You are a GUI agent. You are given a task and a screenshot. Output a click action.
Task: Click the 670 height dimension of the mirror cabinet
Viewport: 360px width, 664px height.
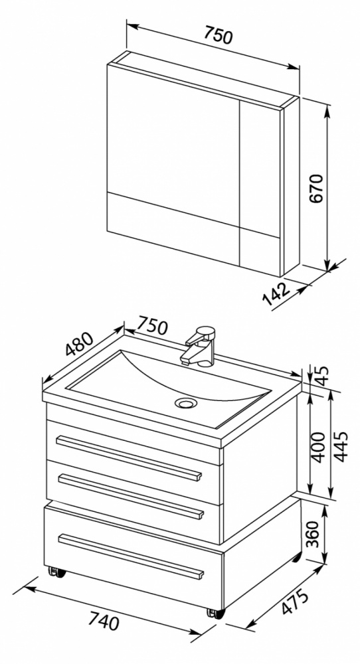[317, 188]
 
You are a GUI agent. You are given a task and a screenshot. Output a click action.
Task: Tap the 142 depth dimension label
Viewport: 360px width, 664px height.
[276, 293]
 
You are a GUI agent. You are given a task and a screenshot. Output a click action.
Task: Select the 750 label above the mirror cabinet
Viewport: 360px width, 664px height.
[219, 35]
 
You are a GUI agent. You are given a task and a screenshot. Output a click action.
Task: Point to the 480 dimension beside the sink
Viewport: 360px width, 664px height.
[79, 343]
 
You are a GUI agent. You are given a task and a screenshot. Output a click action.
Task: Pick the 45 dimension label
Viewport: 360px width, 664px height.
[323, 376]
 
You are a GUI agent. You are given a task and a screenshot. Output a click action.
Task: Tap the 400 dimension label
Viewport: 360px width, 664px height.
[319, 447]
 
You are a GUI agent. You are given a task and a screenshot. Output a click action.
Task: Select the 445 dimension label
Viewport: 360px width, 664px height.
[340, 446]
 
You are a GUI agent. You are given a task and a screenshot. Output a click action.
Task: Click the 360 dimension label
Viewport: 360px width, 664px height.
[314, 534]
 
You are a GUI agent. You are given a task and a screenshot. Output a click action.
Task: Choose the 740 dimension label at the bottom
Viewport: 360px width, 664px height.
[104, 621]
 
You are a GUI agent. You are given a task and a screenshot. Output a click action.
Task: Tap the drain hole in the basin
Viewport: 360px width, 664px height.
[186, 403]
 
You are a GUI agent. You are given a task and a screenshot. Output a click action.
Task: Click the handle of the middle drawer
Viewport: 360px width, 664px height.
[131, 496]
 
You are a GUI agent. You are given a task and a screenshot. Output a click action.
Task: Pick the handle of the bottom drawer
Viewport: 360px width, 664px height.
[131, 556]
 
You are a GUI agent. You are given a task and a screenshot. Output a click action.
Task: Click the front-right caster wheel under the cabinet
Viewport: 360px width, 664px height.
[215, 613]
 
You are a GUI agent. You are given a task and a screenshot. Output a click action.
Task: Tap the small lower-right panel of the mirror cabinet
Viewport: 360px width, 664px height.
[260, 250]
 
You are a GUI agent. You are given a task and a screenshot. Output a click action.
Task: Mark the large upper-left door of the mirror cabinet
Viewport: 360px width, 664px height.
[173, 144]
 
